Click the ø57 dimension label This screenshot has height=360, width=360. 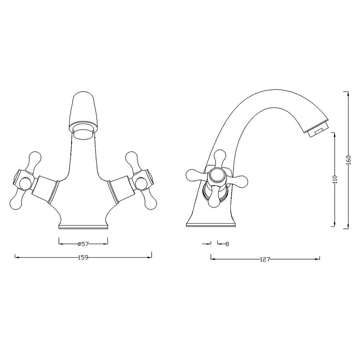pyautogui.click(x=83, y=244)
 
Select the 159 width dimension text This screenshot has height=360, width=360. pyautogui.click(x=83, y=257)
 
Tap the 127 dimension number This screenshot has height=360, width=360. pyautogui.click(x=265, y=259)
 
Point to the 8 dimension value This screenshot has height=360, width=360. pyautogui.click(x=227, y=244)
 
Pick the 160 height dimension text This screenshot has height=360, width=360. pyautogui.click(x=348, y=160)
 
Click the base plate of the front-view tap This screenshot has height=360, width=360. pyautogui.click(x=83, y=227)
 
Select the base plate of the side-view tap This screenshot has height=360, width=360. pyautogui.click(x=211, y=224)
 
